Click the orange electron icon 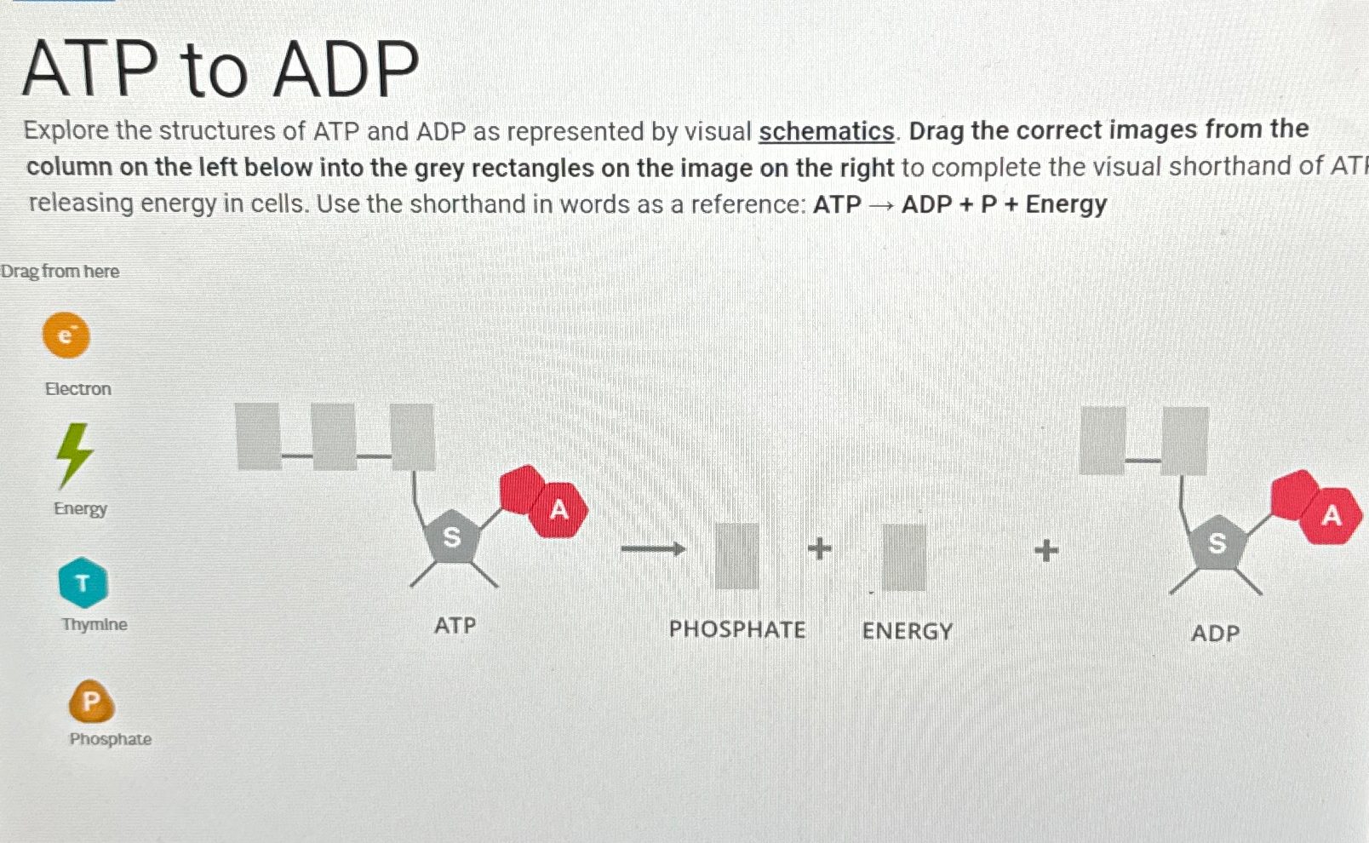tap(66, 335)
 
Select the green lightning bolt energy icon tap(74, 455)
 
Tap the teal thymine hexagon tap(83, 583)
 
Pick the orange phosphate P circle tap(91, 702)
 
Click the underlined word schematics tap(826, 131)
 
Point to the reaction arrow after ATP tap(653, 549)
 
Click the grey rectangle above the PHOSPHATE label tap(736, 556)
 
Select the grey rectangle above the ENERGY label tap(903, 557)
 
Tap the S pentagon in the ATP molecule tap(452, 537)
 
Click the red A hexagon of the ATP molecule tap(558, 509)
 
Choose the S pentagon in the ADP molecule tap(1217, 542)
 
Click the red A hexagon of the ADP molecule tap(1331, 515)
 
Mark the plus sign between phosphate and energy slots tap(819, 548)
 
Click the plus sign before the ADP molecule tap(1046, 550)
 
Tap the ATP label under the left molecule tap(455, 626)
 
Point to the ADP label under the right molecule tap(1215, 634)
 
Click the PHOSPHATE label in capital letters tap(736, 630)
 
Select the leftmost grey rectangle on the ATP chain tap(259, 437)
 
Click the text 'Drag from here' tap(60, 272)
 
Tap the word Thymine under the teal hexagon tap(95, 624)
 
